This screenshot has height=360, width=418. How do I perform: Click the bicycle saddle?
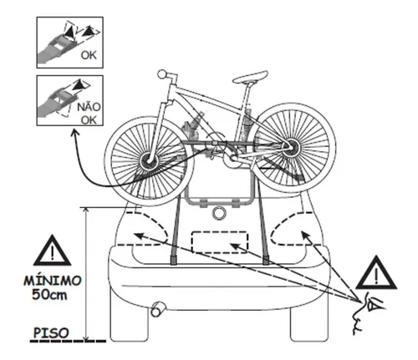250,77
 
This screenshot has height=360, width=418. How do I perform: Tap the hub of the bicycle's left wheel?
149,161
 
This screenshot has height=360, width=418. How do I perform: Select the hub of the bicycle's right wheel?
291,146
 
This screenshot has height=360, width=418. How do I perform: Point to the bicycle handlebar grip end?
161,74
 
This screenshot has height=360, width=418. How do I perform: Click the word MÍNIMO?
53,281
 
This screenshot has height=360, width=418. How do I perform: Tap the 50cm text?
49,295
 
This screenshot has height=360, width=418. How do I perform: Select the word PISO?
51,332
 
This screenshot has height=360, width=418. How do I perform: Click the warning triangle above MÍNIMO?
52,251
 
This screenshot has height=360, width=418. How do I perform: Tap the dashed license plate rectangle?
220,242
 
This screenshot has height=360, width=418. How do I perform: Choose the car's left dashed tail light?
145,228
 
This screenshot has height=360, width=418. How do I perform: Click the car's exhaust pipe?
158,309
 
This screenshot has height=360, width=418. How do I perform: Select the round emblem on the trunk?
219,213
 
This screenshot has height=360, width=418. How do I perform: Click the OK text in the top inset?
89,55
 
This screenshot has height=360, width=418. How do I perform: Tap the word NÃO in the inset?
89,107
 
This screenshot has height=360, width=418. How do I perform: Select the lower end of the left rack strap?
173,260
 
